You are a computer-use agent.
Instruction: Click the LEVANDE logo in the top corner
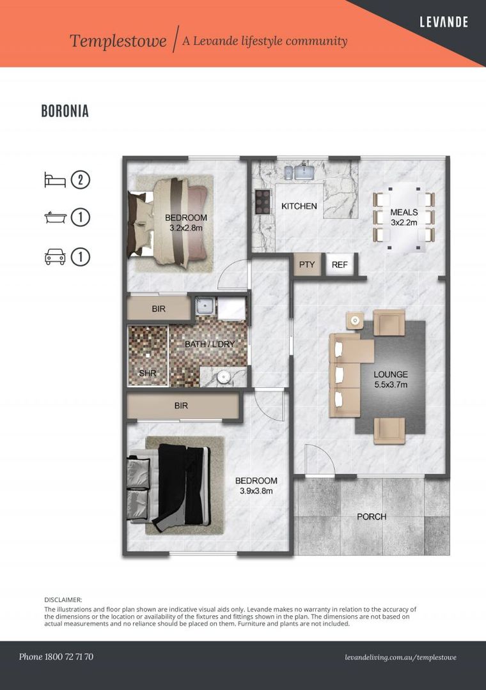444,22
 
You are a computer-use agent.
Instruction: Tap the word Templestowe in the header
118,41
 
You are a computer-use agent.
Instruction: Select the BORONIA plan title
65,111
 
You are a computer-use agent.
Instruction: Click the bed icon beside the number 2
55,180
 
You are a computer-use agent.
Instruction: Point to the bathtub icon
56,217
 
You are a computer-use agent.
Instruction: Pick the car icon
55,257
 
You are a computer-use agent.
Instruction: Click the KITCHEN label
299,206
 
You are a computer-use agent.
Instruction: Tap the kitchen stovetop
262,201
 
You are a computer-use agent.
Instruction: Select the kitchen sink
304,172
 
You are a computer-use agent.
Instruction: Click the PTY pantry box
307,264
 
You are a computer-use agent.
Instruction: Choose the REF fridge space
340,264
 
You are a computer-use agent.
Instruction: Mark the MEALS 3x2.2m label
404,217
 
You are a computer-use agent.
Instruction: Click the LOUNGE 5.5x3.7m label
390,379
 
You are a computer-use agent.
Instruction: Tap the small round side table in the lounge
355,320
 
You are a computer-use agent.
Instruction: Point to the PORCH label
372,517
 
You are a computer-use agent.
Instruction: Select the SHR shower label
148,373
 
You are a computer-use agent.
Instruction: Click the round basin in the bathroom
224,377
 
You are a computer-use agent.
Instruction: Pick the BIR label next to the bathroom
159,309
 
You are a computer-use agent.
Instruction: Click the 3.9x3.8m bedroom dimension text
256,491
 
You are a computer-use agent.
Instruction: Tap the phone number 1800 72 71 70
68,657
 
